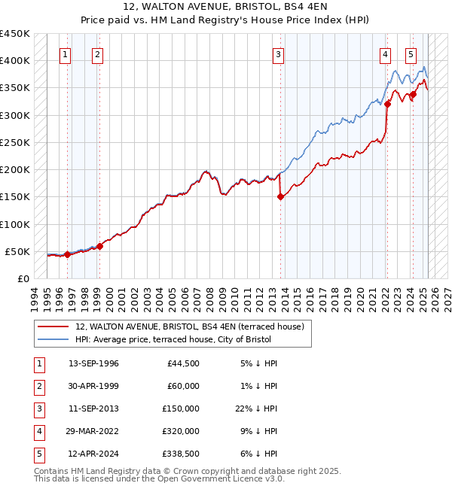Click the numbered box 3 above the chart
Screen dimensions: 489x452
[x=278, y=54]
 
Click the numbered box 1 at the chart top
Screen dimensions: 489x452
[x=66, y=54]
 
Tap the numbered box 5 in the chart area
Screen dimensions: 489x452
[x=411, y=54]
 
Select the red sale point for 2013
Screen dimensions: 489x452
[x=280, y=197]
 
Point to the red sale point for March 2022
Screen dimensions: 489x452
[x=387, y=104]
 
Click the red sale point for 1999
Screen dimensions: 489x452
[x=99, y=246]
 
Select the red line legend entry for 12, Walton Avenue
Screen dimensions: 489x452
[x=189, y=327]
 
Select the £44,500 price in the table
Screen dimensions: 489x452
[x=182, y=363]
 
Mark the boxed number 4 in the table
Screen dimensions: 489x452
[x=38, y=431]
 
